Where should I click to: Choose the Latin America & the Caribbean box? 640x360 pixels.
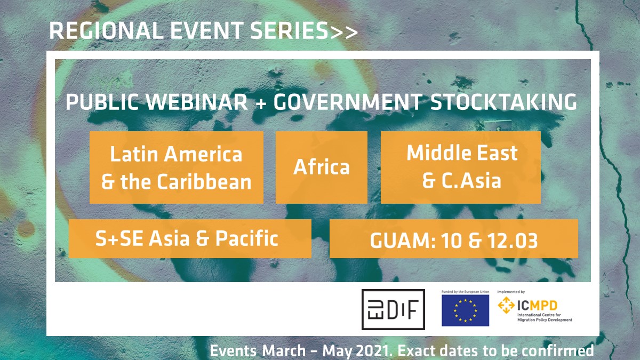point(176,167)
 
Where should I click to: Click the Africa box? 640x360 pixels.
point(321,167)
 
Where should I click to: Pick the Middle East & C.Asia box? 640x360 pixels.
point(461,167)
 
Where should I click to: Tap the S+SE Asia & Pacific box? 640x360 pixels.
point(190,238)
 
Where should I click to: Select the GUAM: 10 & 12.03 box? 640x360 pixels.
point(453,239)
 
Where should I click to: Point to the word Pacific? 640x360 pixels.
point(246,238)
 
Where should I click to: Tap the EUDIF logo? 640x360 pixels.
point(393,309)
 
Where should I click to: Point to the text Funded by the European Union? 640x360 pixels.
point(465,292)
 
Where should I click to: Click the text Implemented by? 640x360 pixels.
point(511,292)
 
